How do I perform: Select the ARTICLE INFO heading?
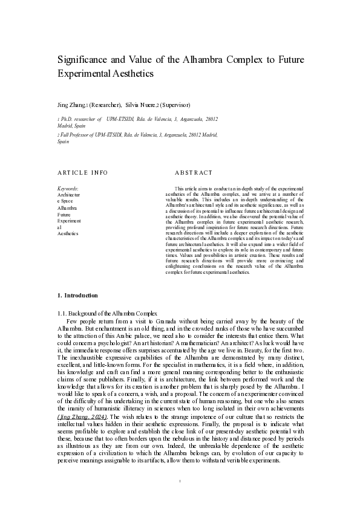[82, 173]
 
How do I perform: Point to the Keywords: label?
[67, 189]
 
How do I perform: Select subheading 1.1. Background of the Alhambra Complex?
[107, 313]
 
